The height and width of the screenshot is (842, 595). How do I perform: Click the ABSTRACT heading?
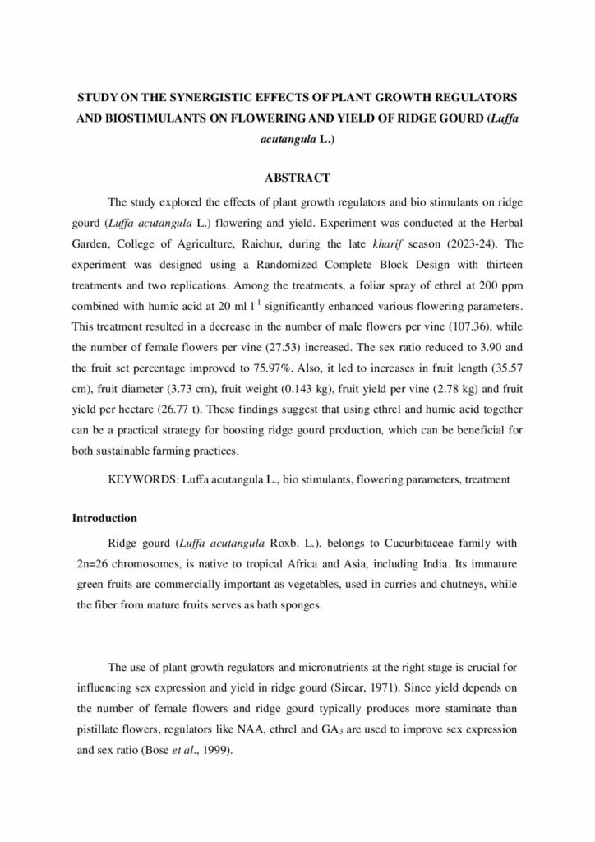[x=297, y=178]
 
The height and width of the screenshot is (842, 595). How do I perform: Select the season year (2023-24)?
[x=495, y=244]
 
